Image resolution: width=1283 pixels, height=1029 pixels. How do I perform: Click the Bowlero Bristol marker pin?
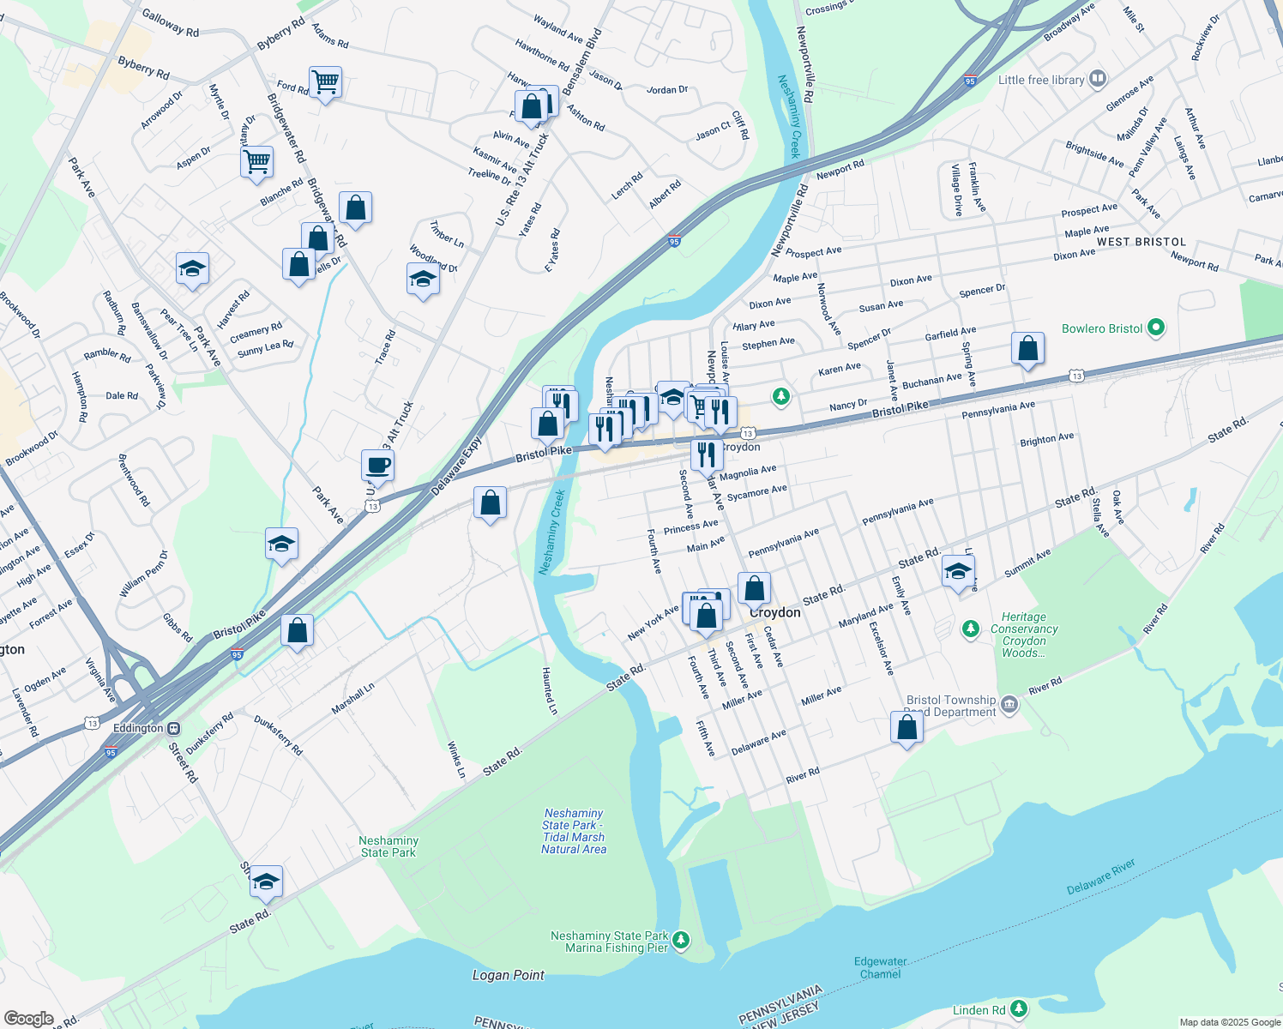pos(1156,328)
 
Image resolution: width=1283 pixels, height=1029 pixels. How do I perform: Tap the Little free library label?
pos(1041,80)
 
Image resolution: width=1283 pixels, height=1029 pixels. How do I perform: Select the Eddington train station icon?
pos(173,728)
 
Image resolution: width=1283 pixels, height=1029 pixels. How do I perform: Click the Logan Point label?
pos(508,975)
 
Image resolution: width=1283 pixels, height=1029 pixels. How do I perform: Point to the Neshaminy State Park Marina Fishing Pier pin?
pos(681,941)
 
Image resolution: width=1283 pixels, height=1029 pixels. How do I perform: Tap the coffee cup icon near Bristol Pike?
pos(377,466)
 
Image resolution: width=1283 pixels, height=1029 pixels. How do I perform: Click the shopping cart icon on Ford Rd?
pos(325,83)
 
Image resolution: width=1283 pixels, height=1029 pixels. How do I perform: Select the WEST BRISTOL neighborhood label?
pos(1141,243)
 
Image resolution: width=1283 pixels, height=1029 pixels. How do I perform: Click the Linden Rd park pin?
pos(1019,1009)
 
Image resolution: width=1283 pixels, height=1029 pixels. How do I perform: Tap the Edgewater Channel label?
pos(880,967)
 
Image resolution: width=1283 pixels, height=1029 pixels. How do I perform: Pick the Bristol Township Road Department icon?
pos(1009,705)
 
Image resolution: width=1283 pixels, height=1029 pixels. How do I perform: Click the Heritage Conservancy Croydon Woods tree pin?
pos(970,629)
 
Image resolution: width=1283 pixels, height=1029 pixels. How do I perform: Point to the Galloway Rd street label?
pos(170,23)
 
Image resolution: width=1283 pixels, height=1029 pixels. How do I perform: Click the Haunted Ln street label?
pos(549,691)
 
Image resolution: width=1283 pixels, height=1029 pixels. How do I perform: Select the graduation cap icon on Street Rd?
pos(266,882)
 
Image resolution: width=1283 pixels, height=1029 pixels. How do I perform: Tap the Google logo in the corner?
pos(28,1018)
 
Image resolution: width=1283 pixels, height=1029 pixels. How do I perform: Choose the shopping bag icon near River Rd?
pos(907,728)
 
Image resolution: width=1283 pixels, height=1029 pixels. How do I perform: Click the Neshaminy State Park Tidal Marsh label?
pos(573,831)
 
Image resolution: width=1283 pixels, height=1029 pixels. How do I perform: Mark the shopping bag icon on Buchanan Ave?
pos(1027,349)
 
